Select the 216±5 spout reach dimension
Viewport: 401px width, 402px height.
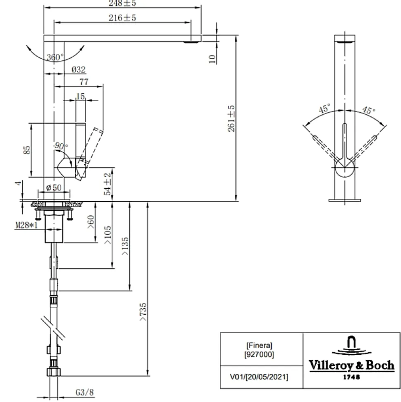[122, 18]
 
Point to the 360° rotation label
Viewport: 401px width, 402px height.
[55, 58]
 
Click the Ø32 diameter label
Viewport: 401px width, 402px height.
[79, 70]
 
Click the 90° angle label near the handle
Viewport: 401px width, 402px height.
[60, 146]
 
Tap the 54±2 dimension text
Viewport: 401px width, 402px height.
[107, 184]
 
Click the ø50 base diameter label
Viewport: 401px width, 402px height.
[54, 188]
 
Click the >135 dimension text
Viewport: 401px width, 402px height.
[125, 247]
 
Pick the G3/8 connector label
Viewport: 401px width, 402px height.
[84, 392]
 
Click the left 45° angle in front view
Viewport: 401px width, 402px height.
[325, 109]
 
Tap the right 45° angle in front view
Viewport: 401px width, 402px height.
[368, 110]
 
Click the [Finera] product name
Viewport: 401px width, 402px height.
[260, 345]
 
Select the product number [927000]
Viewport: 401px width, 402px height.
[260, 354]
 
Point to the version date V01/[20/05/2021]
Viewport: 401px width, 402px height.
[260, 377]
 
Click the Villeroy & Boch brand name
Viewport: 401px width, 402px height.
[351, 366]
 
